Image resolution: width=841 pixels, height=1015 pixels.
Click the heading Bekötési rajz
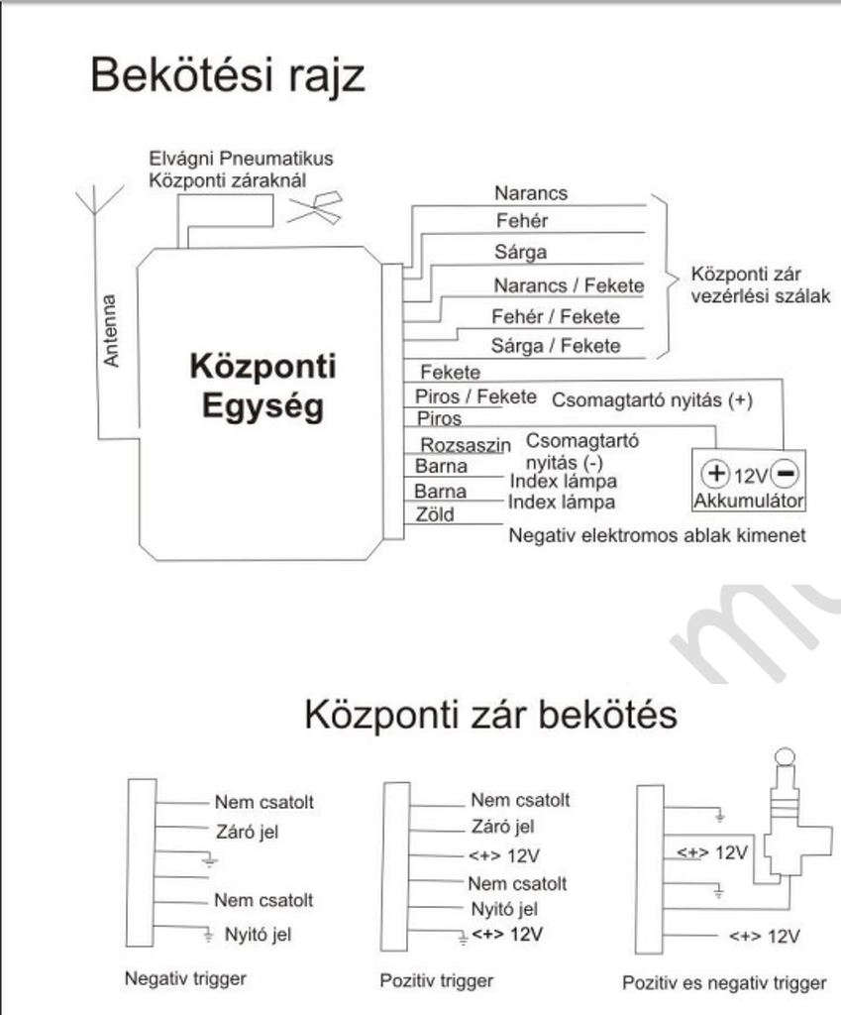(x=227, y=76)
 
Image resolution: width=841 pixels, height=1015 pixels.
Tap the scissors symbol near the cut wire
(x=316, y=207)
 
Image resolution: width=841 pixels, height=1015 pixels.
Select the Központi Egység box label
(x=263, y=387)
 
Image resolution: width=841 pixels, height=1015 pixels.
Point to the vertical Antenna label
(x=111, y=330)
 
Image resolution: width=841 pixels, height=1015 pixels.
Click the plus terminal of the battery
(x=715, y=473)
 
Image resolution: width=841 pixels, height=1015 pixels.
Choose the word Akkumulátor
(x=749, y=501)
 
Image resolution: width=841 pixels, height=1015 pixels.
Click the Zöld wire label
(x=435, y=514)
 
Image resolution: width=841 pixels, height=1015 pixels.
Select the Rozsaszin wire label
(x=465, y=446)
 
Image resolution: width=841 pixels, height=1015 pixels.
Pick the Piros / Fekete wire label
(x=475, y=396)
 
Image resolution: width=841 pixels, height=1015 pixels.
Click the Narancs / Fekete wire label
(x=569, y=285)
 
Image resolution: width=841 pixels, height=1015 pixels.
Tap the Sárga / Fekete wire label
(x=556, y=346)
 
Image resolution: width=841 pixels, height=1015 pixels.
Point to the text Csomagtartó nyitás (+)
(x=652, y=400)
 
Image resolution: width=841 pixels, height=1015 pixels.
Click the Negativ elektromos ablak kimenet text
(x=656, y=535)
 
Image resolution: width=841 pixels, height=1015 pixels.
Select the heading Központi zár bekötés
(x=490, y=714)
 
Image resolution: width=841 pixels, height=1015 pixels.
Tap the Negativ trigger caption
(x=185, y=978)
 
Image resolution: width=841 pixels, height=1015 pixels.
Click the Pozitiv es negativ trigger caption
(x=723, y=983)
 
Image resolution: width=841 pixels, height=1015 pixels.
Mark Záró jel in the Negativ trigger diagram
(x=247, y=832)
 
